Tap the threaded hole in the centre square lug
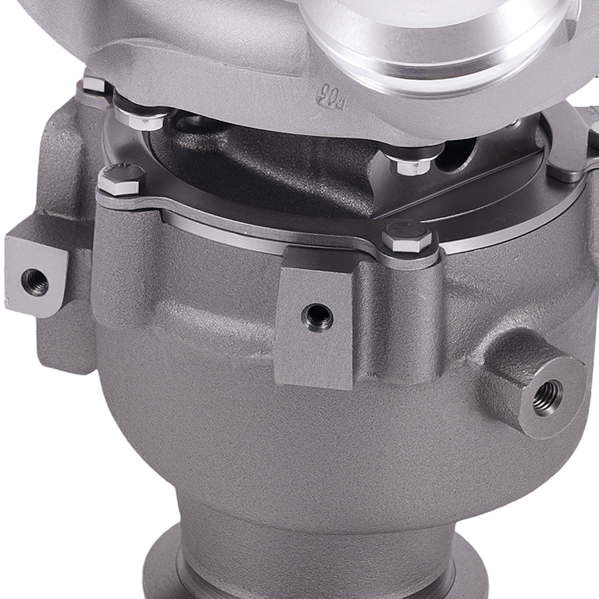(317, 314)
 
